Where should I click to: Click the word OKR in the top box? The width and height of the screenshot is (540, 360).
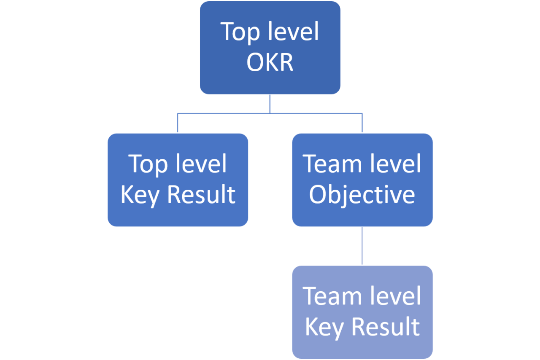click(x=270, y=62)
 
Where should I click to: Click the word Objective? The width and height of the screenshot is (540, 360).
click(x=362, y=195)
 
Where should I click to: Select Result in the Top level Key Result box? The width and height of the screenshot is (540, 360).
click(x=201, y=194)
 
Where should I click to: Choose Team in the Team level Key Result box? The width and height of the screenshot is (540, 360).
click(x=327, y=296)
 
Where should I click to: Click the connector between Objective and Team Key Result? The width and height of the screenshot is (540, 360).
click(x=362, y=246)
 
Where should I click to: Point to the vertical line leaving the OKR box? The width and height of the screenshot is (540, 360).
click(x=270, y=104)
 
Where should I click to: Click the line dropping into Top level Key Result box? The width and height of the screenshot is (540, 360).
click(x=178, y=123)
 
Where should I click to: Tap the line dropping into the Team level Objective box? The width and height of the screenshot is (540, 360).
click(x=362, y=123)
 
